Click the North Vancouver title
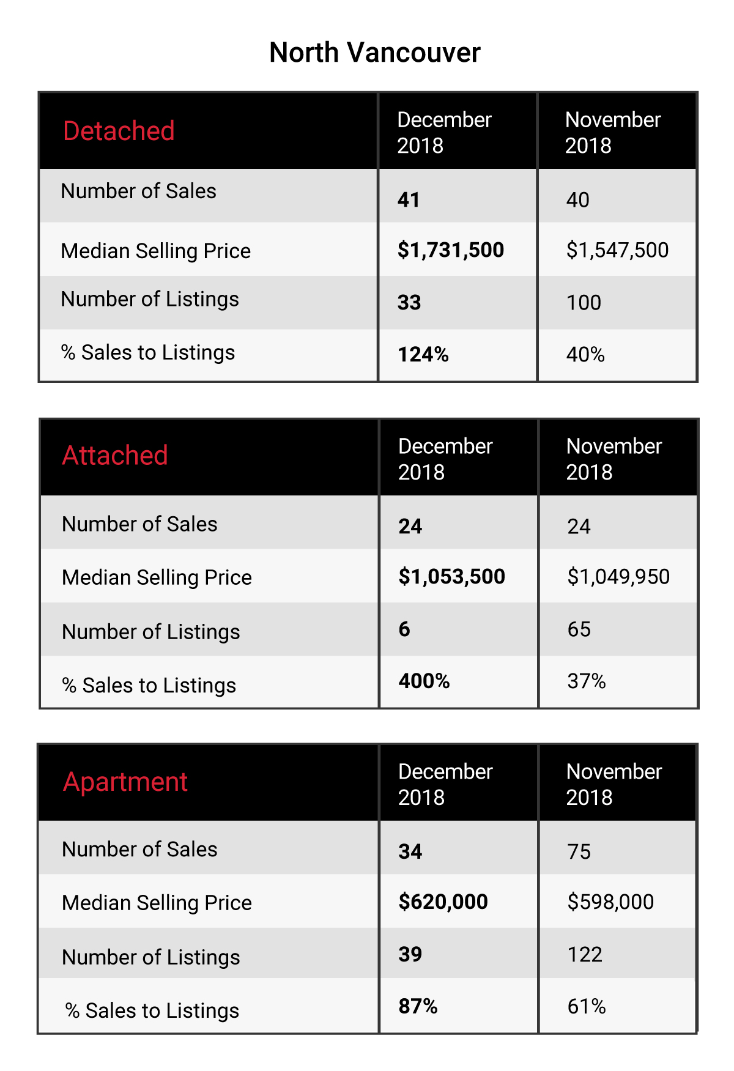(x=375, y=53)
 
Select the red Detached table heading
(x=119, y=131)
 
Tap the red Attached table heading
(x=115, y=456)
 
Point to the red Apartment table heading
(x=125, y=782)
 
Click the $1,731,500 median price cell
(x=451, y=250)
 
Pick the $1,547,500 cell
(x=617, y=250)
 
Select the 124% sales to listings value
(x=423, y=355)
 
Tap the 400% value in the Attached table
(x=424, y=681)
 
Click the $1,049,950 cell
(x=618, y=577)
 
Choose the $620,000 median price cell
(x=443, y=902)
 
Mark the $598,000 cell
(x=610, y=902)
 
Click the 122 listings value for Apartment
(x=585, y=955)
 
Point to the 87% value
(x=418, y=1007)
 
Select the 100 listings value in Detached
(x=584, y=303)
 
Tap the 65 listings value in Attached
(x=579, y=629)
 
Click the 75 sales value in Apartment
(x=579, y=852)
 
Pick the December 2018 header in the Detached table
(x=444, y=133)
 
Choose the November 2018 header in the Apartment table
(x=614, y=785)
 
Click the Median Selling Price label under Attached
(x=157, y=578)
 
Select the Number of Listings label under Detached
(x=150, y=300)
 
